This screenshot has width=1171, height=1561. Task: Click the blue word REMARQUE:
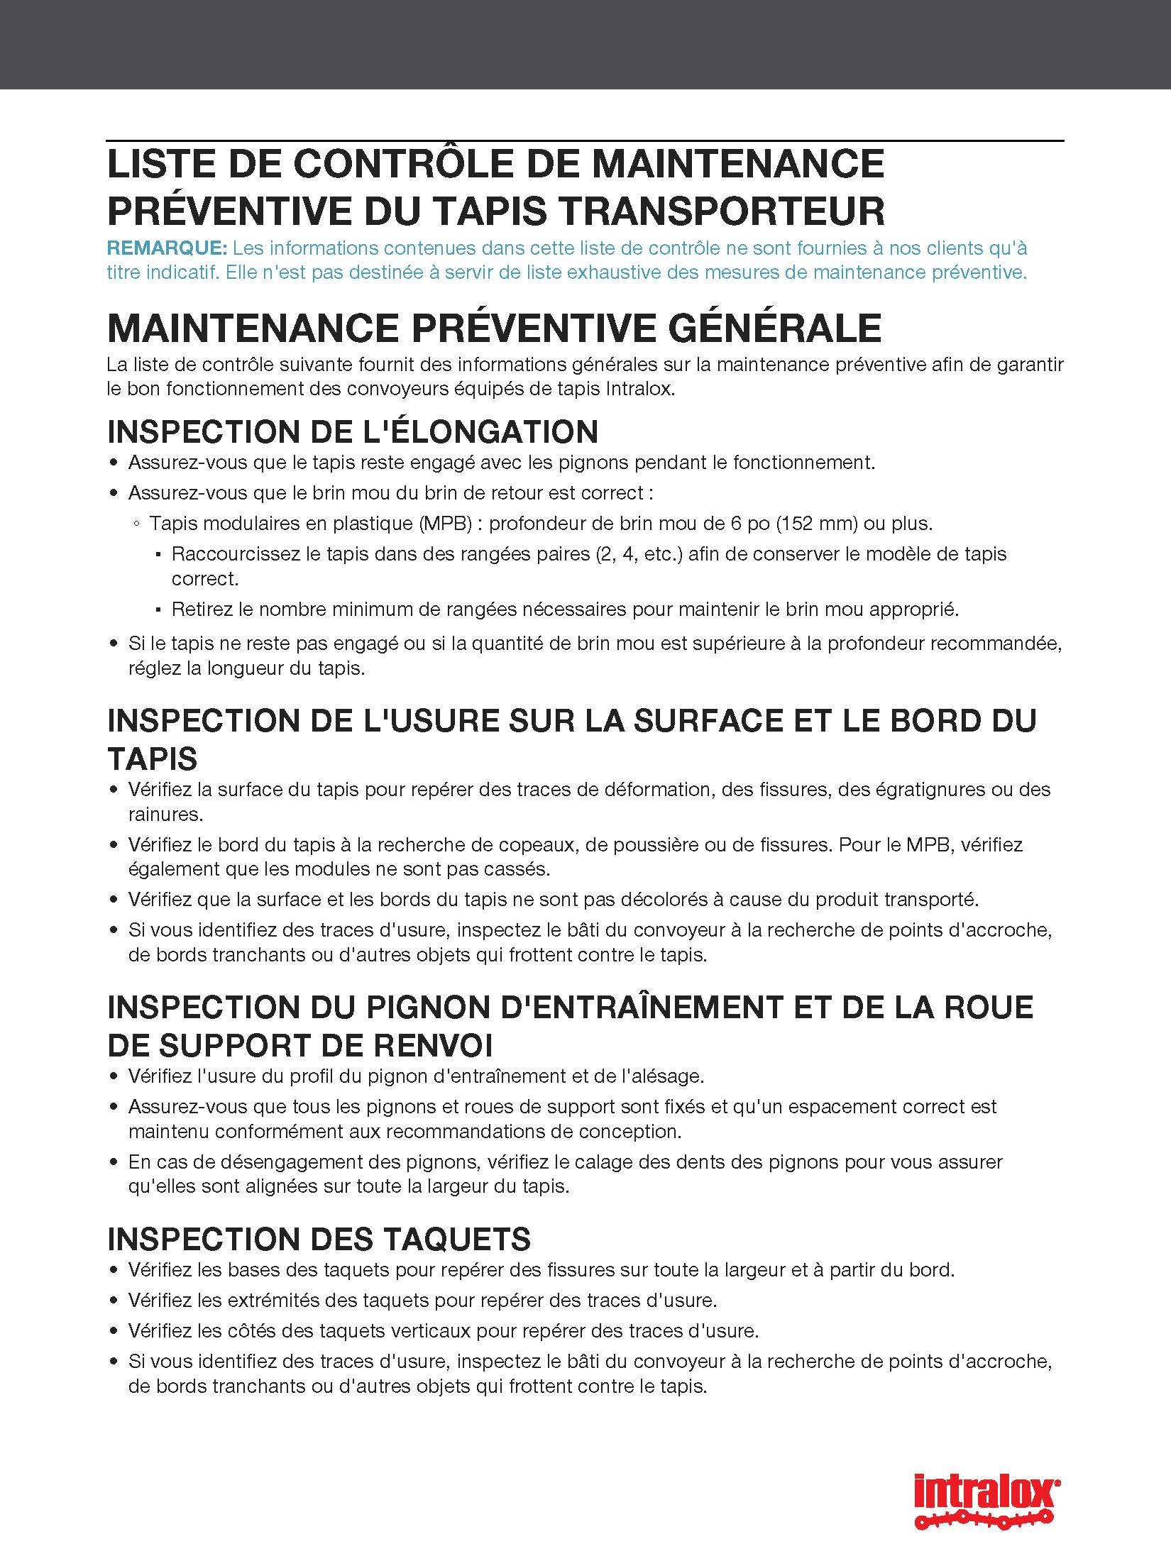coord(167,248)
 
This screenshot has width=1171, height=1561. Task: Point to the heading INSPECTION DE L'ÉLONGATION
coord(353,431)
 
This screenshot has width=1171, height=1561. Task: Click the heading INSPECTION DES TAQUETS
coord(319,1239)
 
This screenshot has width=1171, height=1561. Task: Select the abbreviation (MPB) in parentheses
coord(445,524)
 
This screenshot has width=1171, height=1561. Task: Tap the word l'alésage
coord(661,1076)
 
